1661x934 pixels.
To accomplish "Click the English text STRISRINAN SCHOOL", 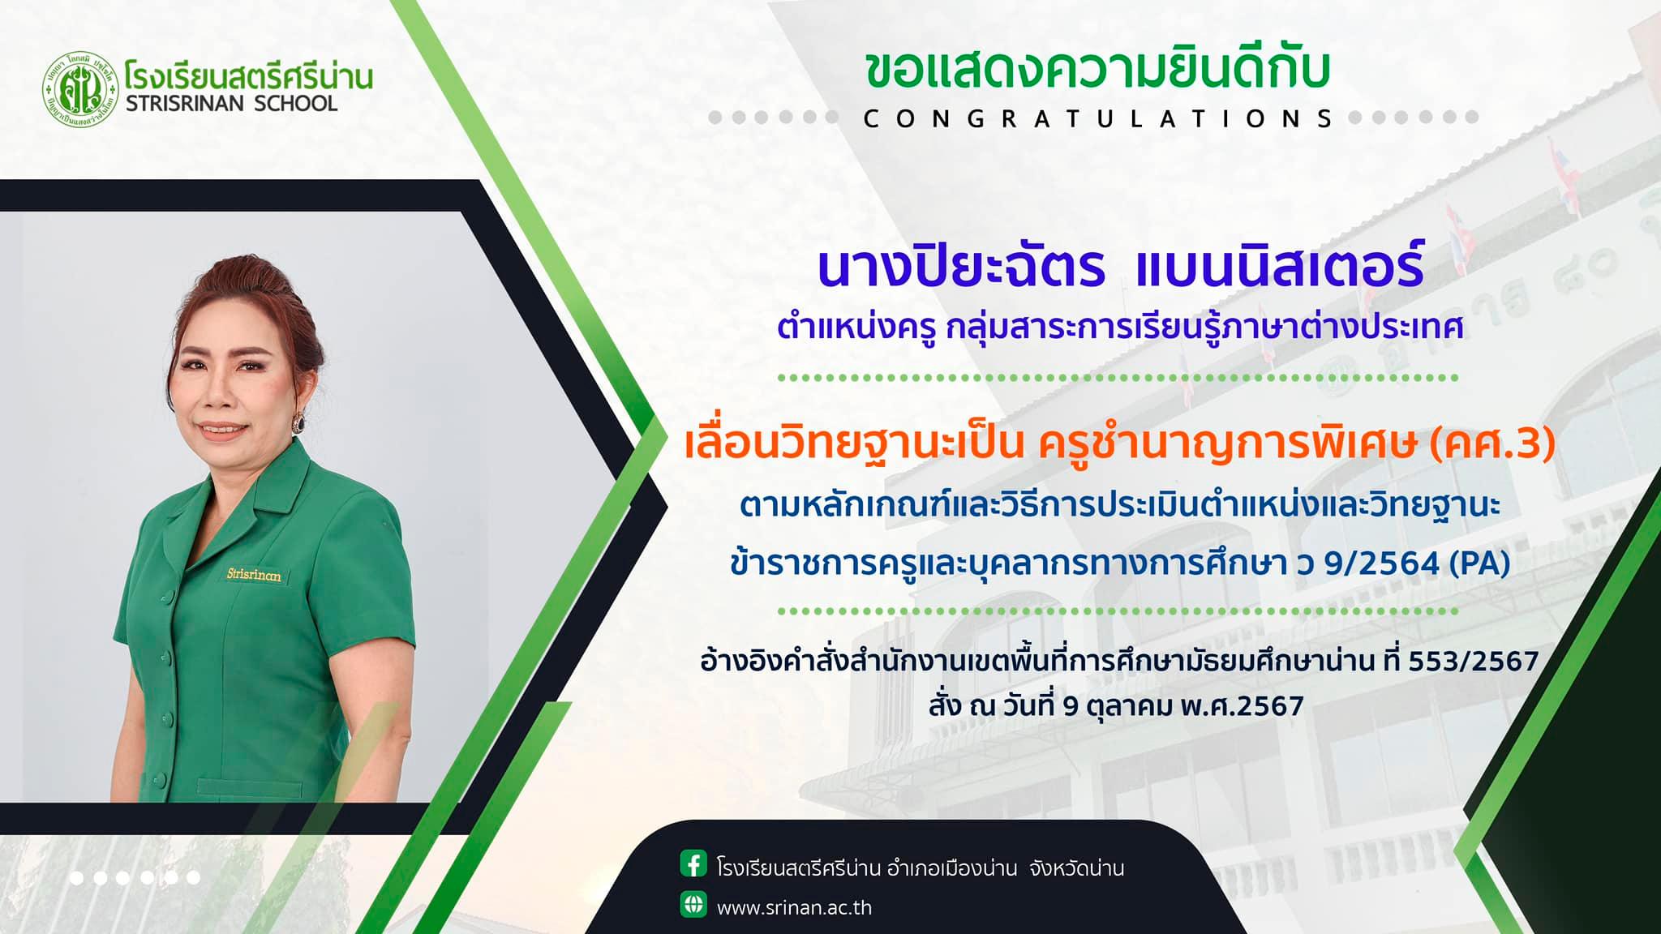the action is (x=231, y=104).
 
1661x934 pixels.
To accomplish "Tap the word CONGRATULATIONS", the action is (x=1097, y=119).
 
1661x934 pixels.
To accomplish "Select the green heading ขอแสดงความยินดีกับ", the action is (x=1097, y=71).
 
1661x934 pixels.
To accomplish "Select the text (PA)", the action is (x=1479, y=564).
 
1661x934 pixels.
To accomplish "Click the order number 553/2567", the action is (x=1474, y=662).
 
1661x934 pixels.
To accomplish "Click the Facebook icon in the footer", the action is (x=693, y=864).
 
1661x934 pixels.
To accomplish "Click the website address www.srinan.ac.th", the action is (x=794, y=907).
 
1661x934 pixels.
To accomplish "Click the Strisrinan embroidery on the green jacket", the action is (x=254, y=575).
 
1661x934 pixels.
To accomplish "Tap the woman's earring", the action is (x=298, y=421).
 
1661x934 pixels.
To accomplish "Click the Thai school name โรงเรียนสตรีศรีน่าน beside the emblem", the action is (x=249, y=75).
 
